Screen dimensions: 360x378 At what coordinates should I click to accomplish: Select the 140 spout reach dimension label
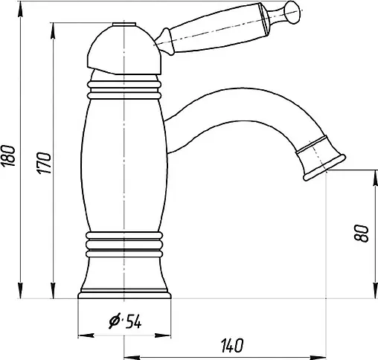pos(232,344)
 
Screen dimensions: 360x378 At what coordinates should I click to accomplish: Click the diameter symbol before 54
pos(115,321)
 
